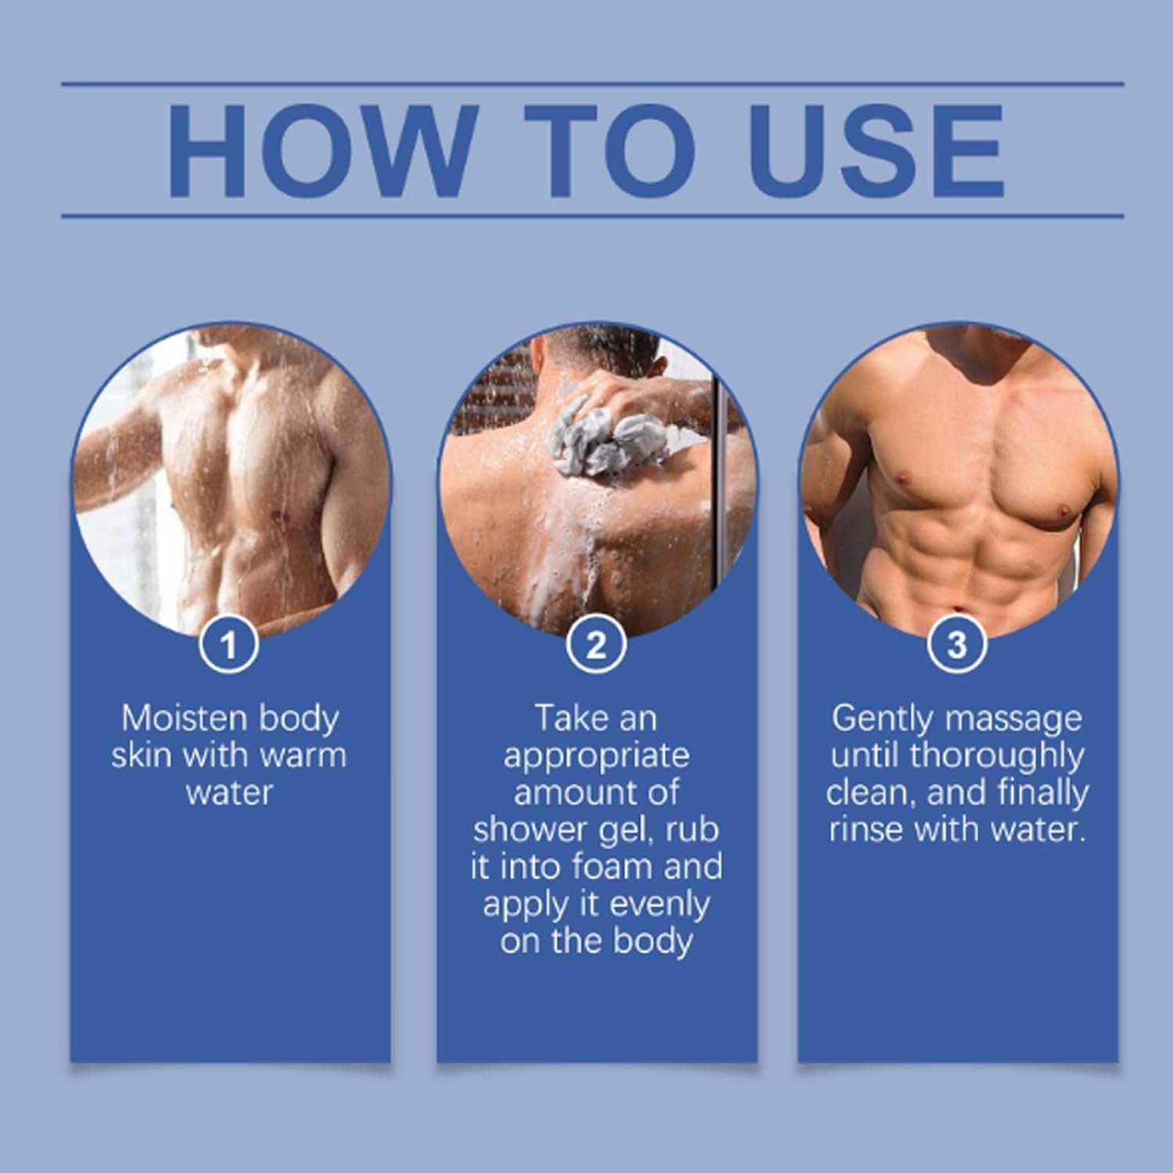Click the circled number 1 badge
pyautogui.click(x=228, y=645)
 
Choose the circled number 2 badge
pyautogui.click(x=596, y=645)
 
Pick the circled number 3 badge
pyautogui.click(x=957, y=645)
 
